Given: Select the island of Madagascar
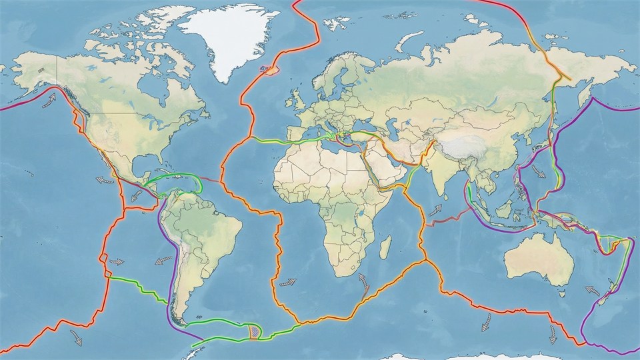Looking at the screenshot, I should pyautogui.click(x=385, y=248).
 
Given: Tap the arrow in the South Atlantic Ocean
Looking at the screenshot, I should pyautogui.click(x=287, y=282).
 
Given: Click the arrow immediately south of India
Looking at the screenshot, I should pyautogui.click(x=435, y=211).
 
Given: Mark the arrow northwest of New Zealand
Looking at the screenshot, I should pyautogui.click(x=591, y=292).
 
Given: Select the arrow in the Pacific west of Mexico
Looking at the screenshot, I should pyautogui.click(x=104, y=179).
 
